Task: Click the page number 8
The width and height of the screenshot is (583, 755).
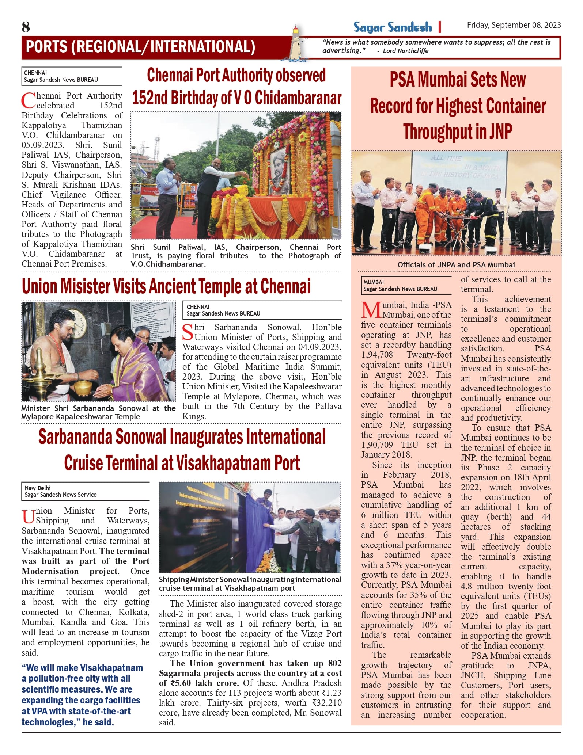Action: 26,27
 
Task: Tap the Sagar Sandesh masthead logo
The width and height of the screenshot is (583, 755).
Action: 392,27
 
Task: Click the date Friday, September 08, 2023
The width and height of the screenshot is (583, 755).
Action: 514,25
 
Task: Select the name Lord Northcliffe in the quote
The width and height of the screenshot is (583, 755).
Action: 405,51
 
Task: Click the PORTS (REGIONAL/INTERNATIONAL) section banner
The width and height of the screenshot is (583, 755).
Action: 141,47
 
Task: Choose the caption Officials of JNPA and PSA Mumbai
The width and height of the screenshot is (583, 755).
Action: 456,264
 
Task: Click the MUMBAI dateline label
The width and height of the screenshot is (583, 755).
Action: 373,282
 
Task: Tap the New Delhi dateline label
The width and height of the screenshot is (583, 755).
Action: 38,488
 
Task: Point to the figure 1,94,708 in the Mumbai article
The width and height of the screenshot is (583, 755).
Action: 377,355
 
